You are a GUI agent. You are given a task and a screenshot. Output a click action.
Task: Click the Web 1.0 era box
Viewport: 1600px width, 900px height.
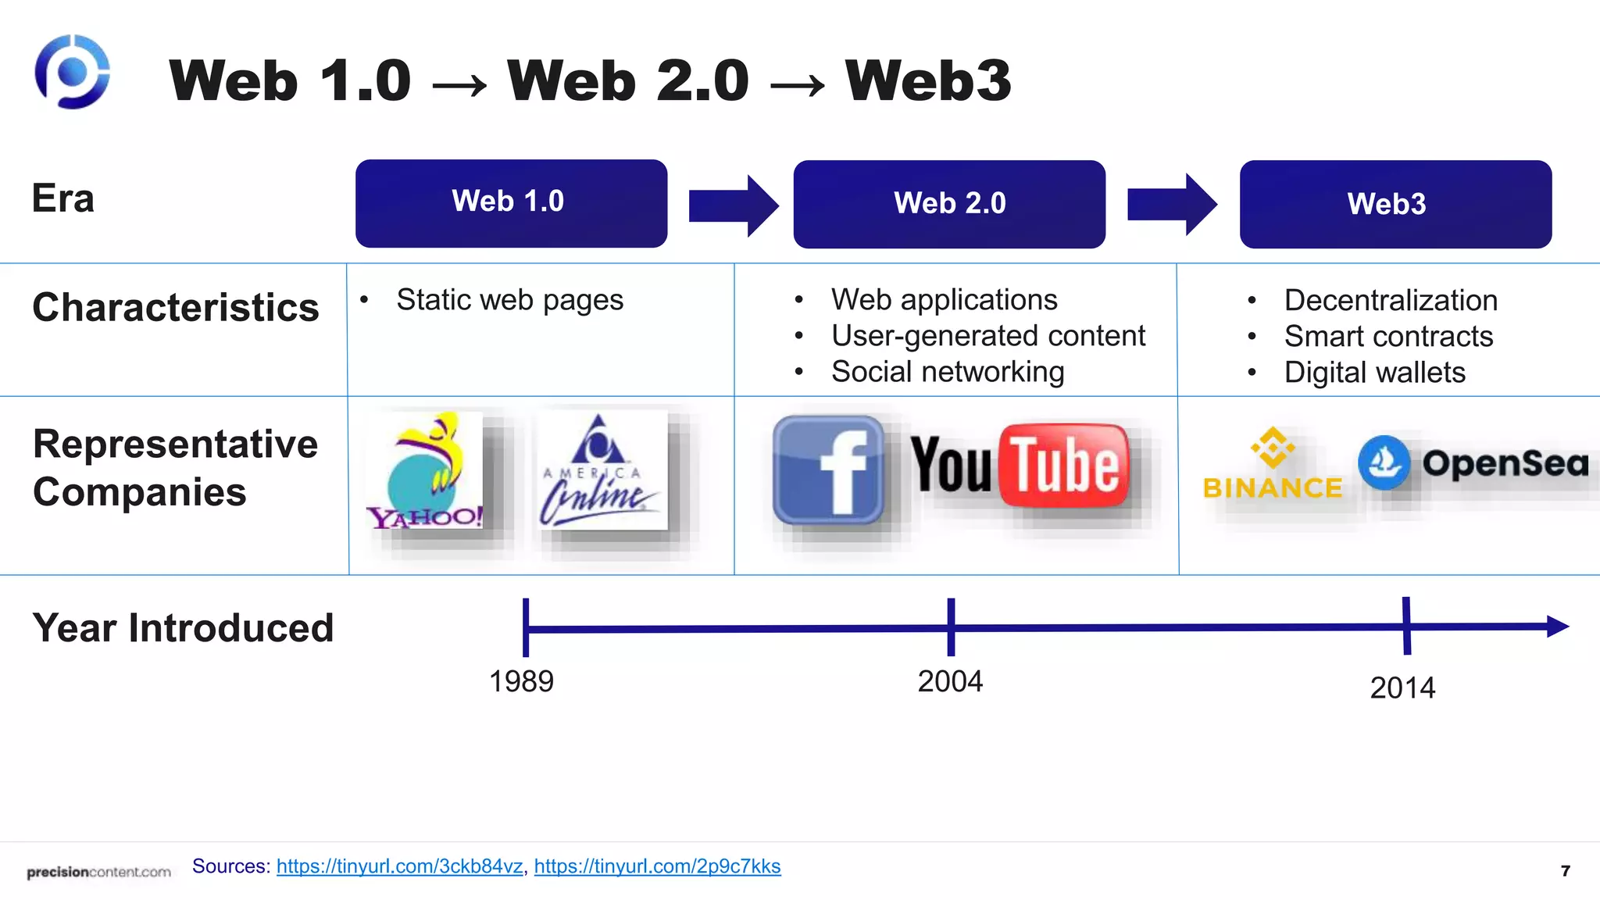click(511, 203)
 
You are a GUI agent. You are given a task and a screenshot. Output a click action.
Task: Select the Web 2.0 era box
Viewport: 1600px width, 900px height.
click(949, 204)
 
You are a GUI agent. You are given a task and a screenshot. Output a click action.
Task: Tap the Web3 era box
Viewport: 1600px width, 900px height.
click(1395, 204)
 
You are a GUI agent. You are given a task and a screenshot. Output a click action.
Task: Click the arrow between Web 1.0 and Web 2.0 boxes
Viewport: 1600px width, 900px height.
click(733, 205)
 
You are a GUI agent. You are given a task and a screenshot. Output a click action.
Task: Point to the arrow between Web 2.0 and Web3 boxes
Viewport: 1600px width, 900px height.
click(1171, 205)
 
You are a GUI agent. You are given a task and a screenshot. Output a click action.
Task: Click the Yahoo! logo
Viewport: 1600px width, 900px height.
click(427, 471)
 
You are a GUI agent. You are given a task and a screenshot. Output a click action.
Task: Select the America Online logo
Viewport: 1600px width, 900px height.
click(600, 470)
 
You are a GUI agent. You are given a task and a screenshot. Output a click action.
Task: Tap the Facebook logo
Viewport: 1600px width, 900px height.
click(828, 470)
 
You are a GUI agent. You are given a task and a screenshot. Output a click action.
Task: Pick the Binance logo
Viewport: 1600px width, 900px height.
click(1273, 464)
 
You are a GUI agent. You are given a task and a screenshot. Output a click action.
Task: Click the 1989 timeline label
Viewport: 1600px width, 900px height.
click(521, 681)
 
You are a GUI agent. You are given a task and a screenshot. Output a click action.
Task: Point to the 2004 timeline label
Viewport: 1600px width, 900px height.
click(950, 681)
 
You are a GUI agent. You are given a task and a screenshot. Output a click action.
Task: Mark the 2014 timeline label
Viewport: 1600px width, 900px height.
click(1402, 687)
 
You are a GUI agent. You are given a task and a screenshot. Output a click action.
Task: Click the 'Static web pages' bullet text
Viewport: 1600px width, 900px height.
click(509, 300)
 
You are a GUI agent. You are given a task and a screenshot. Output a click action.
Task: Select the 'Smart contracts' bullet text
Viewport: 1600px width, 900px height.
click(1388, 337)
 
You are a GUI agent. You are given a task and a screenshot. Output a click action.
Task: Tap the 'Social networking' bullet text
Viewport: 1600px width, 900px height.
click(948, 372)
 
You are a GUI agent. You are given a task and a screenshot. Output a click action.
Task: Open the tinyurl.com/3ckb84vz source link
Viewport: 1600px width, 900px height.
click(399, 866)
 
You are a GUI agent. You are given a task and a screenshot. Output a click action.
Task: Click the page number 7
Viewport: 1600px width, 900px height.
click(1565, 870)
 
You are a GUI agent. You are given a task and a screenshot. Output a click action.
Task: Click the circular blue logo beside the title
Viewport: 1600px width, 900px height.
click(72, 72)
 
